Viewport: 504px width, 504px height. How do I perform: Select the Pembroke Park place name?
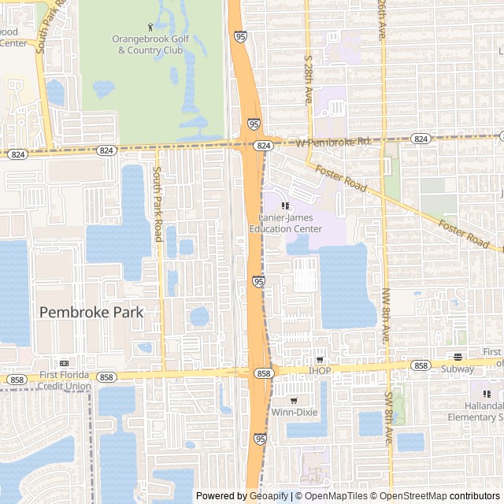[91, 312]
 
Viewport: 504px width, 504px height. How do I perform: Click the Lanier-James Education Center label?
[285, 223]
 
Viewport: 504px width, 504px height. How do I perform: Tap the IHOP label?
[320, 370]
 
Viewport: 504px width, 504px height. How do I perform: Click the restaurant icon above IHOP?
[320, 359]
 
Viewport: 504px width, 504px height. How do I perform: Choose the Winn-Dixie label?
[294, 410]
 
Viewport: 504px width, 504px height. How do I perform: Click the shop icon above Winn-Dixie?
[294, 399]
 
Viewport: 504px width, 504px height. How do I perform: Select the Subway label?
[458, 369]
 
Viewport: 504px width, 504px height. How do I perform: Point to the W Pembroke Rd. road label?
[333, 142]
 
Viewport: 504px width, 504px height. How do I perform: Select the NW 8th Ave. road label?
[386, 316]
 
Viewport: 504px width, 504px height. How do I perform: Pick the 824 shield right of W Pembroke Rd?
[421, 139]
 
